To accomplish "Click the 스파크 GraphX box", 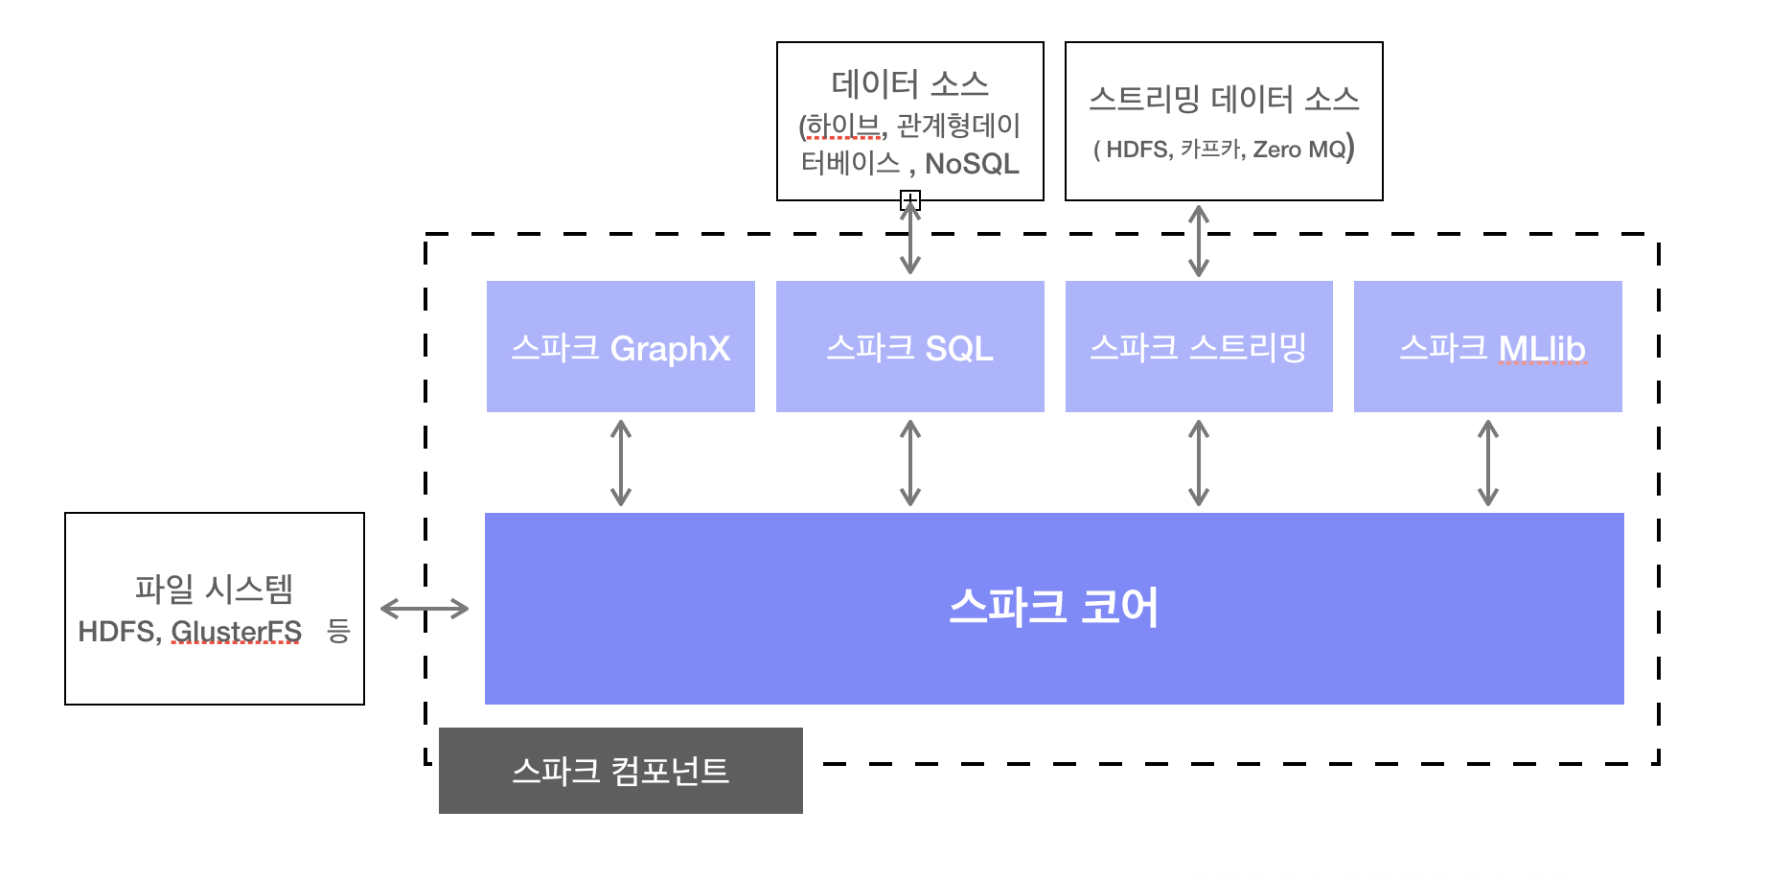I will [620, 347].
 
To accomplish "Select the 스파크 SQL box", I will [909, 347].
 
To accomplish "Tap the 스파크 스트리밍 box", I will [1198, 347].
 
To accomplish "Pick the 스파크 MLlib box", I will [1487, 347].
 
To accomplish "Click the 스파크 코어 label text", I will [1053, 608].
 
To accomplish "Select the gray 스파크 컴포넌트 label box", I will [620, 771].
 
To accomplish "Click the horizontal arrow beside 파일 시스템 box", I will [425, 608].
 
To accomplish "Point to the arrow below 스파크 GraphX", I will [621, 463].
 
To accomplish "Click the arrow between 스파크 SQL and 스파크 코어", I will [910, 463].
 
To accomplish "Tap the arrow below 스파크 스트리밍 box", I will [1199, 463].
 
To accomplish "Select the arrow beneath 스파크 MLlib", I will [1488, 463].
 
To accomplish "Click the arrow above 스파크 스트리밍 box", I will [1199, 241].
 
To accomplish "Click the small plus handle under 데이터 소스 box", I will [910, 199].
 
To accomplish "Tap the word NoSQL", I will [972, 164].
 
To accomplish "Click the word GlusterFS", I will [236, 631].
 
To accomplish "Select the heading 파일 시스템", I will [214, 588].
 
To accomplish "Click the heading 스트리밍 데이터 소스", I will [1224, 99].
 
